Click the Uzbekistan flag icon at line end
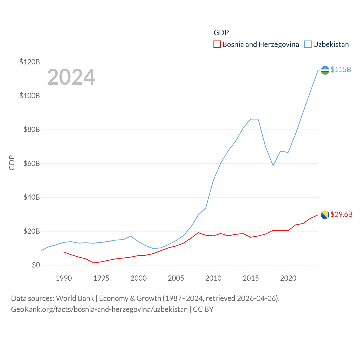tap(325, 70)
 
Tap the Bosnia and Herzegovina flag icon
tap(325, 215)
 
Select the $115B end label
tap(341, 69)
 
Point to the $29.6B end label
tap(341, 214)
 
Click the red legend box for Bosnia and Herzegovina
tap(217, 44)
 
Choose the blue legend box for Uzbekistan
tap(308, 44)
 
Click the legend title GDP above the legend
tap(221, 33)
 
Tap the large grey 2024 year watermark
tap(71, 77)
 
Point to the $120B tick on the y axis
tap(30, 62)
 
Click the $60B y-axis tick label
tap(31, 163)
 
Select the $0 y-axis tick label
tap(36, 265)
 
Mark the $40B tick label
tap(31, 197)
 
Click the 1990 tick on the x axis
tap(64, 278)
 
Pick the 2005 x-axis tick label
tap(176, 278)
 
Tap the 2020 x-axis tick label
tap(288, 278)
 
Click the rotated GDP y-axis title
tap(12, 163)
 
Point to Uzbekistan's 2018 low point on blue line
tap(273, 165)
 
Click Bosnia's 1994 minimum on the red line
tap(93, 263)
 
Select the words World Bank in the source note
tap(75, 298)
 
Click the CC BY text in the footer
tap(203, 309)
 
